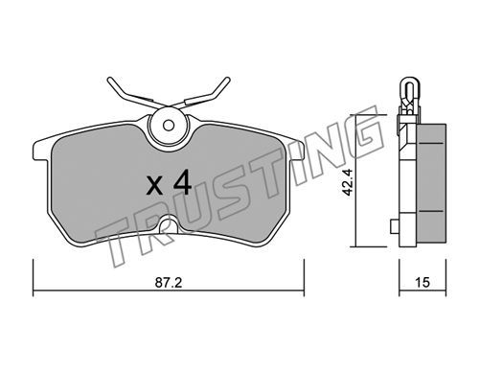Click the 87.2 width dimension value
[x=169, y=283]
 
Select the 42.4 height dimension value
[x=347, y=182]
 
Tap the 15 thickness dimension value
[x=422, y=283]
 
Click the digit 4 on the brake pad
[x=182, y=183]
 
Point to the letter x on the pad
[x=154, y=186]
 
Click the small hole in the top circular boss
[x=169, y=126]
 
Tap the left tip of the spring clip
[x=109, y=80]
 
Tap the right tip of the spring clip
[x=227, y=80]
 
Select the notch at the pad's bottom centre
[x=169, y=224]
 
